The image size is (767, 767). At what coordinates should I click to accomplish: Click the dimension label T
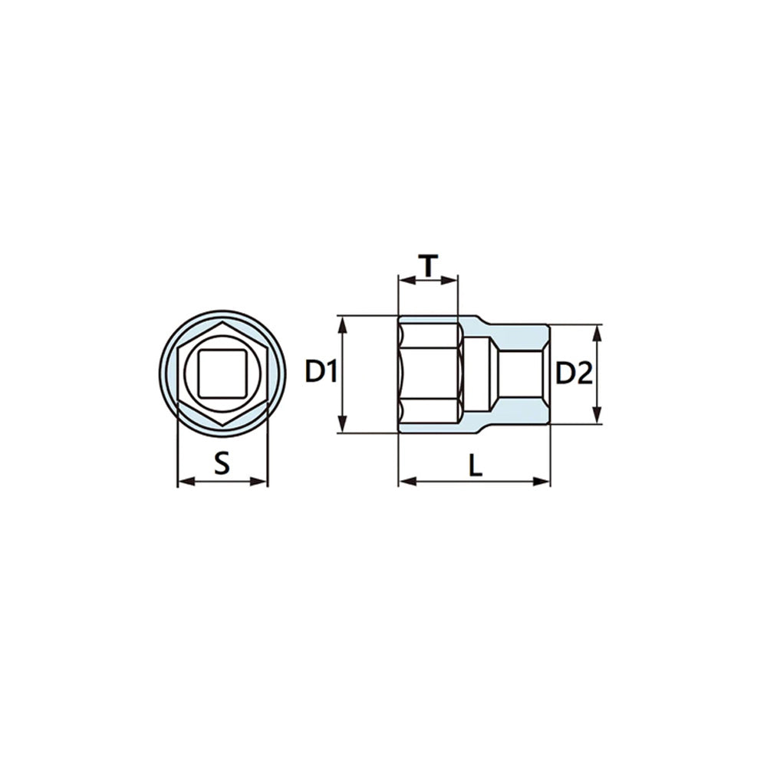click(x=428, y=265)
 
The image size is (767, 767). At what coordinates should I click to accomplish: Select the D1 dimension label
click(x=321, y=371)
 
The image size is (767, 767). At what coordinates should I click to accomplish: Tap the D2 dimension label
click(x=574, y=374)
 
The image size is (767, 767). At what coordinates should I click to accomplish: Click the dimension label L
click(x=476, y=465)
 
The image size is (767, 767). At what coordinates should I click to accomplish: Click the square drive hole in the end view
click(x=222, y=374)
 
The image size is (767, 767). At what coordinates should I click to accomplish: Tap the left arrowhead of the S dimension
click(x=186, y=482)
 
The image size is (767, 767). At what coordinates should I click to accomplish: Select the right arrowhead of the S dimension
click(x=258, y=482)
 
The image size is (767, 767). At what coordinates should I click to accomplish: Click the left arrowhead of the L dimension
click(x=407, y=482)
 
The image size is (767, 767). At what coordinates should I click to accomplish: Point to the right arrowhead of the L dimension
click(x=542, y=482)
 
